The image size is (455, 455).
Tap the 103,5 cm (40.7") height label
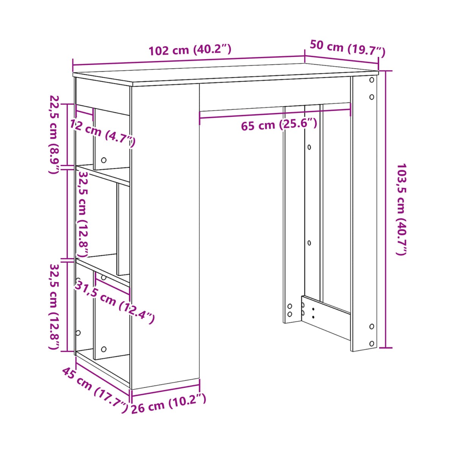[x=401, y=209]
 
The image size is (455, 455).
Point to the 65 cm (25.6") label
[x=279, y=124]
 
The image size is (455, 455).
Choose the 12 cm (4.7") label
[x=102, y=133]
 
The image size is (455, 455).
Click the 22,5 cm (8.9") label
[x=53, y=135]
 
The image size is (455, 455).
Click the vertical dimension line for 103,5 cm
[x=386, y=209]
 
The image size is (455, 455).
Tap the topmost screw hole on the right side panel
[x=372, y=80]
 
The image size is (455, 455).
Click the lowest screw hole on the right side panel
[x=372, y=344]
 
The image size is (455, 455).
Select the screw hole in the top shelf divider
[x=104, y=160]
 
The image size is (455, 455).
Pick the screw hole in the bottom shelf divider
[x=104, y=349]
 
